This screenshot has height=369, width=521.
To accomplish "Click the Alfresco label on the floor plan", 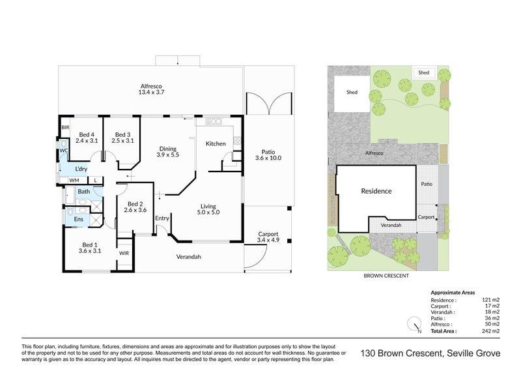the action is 151,86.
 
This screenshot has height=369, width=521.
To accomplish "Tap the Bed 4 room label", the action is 87,135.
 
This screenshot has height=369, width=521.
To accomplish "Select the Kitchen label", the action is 216,143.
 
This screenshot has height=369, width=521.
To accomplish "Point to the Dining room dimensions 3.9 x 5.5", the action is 168,155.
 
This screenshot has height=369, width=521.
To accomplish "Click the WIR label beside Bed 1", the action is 124,253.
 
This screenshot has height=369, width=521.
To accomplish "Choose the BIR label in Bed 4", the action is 66,127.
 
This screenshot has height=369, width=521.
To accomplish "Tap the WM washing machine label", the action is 74,181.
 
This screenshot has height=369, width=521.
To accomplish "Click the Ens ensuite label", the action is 78,219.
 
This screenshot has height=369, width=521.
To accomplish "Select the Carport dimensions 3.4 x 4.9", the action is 268,240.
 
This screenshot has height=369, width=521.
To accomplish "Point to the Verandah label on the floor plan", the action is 188,257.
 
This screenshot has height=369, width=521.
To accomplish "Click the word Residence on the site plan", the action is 376,191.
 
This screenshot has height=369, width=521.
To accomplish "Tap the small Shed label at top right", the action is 424,72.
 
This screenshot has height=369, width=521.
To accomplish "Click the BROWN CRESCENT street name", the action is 386,276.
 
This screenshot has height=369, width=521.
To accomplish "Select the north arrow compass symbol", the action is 414,324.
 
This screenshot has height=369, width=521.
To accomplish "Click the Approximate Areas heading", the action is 453,293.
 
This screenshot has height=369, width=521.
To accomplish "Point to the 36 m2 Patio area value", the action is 492,318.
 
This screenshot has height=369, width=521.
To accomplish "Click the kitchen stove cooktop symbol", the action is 214,121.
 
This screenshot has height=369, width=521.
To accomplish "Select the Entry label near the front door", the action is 162,218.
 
